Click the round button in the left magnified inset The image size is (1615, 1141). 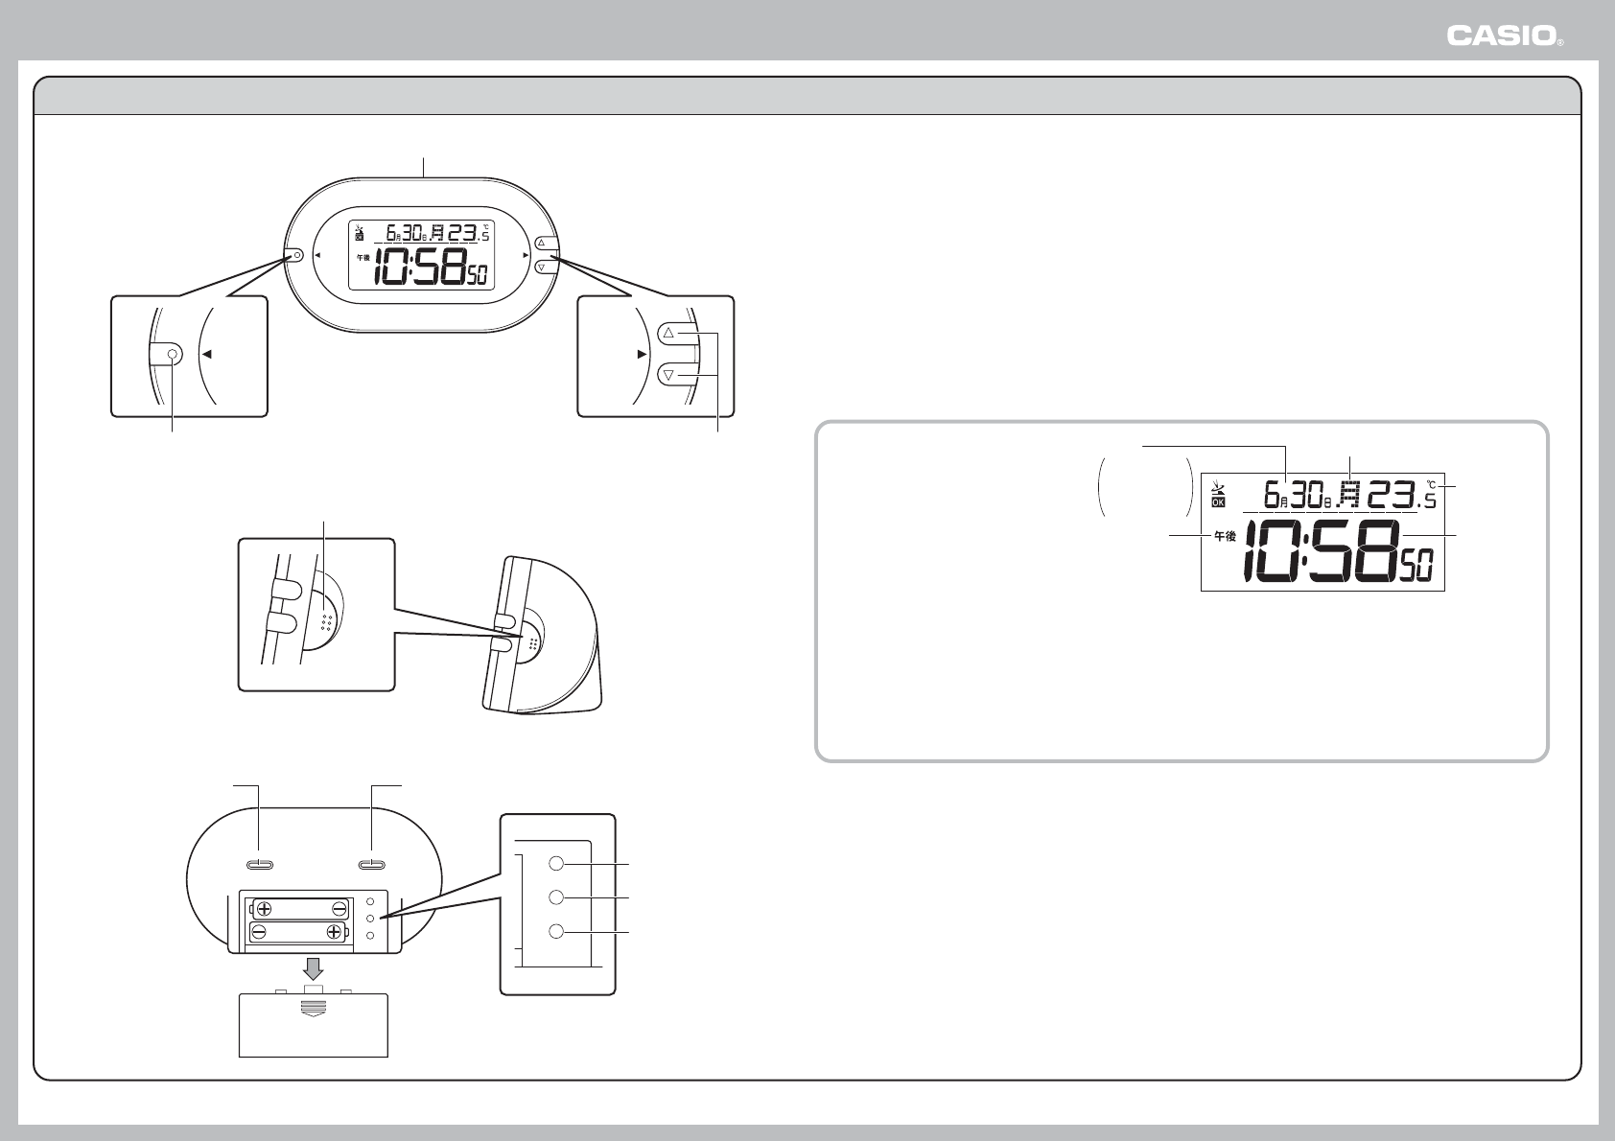tap(173, 354)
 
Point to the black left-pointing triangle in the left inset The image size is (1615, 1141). tap(208, 354)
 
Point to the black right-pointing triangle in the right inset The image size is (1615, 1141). tap(642, 354)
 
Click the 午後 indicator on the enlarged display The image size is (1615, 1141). tap(1225, 536)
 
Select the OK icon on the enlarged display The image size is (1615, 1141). tap(1219, 501)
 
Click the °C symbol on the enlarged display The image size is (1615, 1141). tap(1431, 485)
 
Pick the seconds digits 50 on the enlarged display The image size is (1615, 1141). tap(1416, 565)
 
